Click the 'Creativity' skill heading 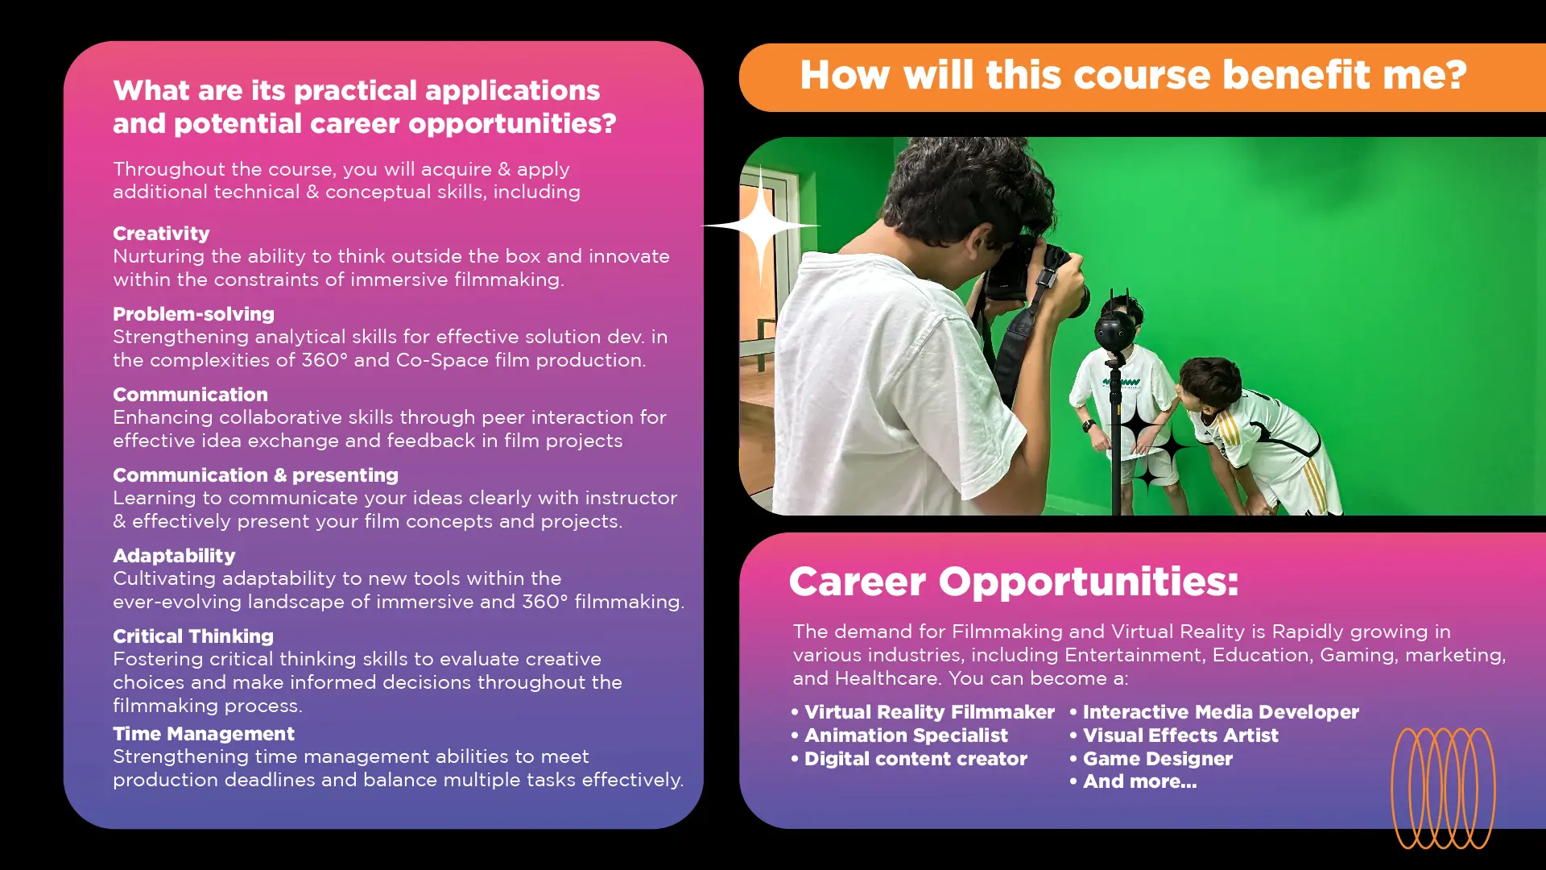(x=161, y=234)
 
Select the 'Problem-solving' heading (x=193, y=314)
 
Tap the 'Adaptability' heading (x=174, y=556)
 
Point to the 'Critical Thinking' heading (x=193, y=636)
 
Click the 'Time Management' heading (x=204, y=734)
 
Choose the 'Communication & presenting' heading (x=255, y=475)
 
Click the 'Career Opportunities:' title (x=1014, y=581)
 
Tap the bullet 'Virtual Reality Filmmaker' (x=923, y=712)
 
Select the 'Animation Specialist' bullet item (x=899, y=735)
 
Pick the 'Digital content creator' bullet (x=909, y=759)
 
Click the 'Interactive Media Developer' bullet (x=1214, y=712)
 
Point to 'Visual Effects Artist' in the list (x=1174, y=735)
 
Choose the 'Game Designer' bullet (x=1151, y=759)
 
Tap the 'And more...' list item (x=1133, y=781)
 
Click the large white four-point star (x=761, y=226)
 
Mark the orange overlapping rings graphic (x=1444, y=789)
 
